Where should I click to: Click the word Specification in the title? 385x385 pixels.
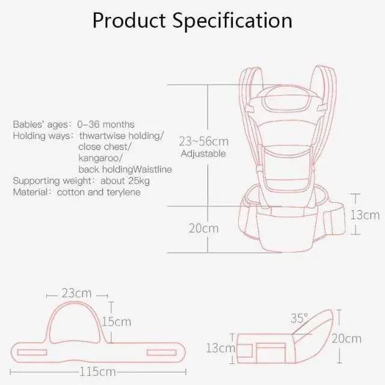(x=232, y=21)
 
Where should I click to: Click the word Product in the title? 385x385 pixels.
(x=129, y=20)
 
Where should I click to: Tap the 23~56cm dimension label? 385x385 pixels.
(x=203, y=141)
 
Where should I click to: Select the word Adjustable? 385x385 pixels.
(x=203, y=154)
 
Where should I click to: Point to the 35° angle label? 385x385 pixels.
(x=299, y=318)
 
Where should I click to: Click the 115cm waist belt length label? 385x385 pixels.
(x=97, y=372)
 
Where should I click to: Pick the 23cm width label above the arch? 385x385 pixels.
(x=76, y=293)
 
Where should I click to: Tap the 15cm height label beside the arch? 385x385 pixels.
(x=116, y=322)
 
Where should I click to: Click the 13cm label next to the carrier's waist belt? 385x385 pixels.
(x=365, y=215)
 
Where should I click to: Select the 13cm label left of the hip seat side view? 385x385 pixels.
(x=220, y=348)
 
